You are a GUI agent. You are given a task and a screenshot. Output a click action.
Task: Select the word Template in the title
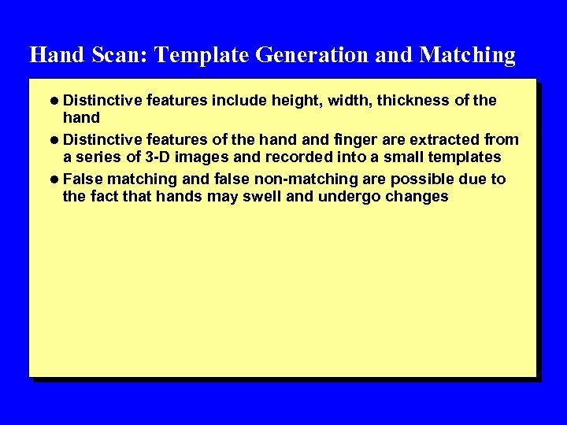click(201, 55)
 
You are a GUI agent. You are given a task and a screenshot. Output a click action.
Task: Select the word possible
click(421, 179)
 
